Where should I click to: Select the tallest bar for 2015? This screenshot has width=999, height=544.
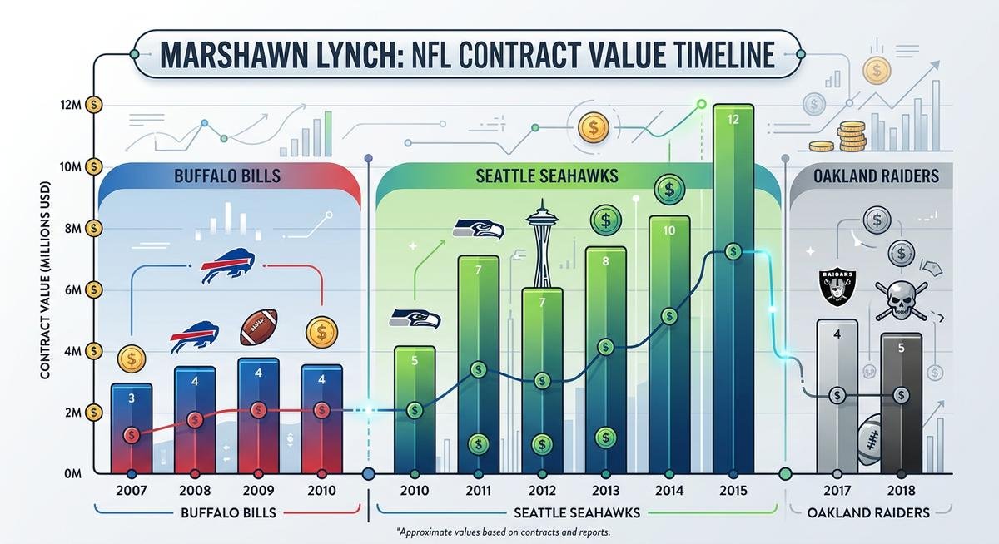pos(733,291)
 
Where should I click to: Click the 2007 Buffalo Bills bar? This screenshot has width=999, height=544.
pos(132,428)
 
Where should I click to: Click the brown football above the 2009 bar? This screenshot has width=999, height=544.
pos(259,328)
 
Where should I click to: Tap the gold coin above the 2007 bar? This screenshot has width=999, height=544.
pos(132,359)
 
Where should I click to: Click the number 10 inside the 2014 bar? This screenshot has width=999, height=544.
pos(669,231)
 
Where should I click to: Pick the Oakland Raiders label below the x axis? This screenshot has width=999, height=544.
pos(869,512)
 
